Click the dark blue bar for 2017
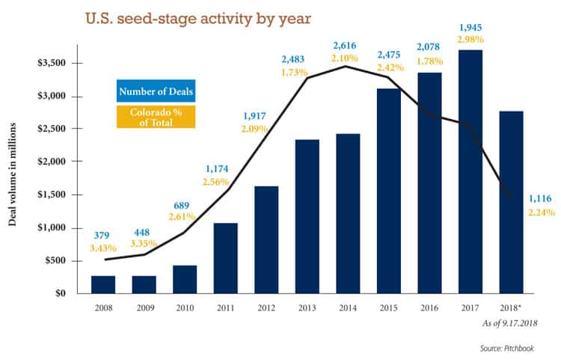coord(470,172)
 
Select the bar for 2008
coord(103,285)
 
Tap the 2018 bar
coord(512,203)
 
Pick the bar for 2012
coord(266,240)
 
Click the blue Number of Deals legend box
coord(156,91)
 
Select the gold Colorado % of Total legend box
coord(156,117)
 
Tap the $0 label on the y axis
coord(60,293)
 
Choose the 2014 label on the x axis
coord(348,308)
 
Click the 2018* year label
coord(510,308)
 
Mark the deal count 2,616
coord(345,46)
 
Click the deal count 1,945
coord(470,27)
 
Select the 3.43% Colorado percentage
coord(103,248)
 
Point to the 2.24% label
coord(542,213)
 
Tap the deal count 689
coord(182,206)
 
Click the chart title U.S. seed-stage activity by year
coord(198,19)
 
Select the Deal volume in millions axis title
coord(12,174)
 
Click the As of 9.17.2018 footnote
coord(509,323)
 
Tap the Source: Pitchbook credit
coord(506,348)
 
